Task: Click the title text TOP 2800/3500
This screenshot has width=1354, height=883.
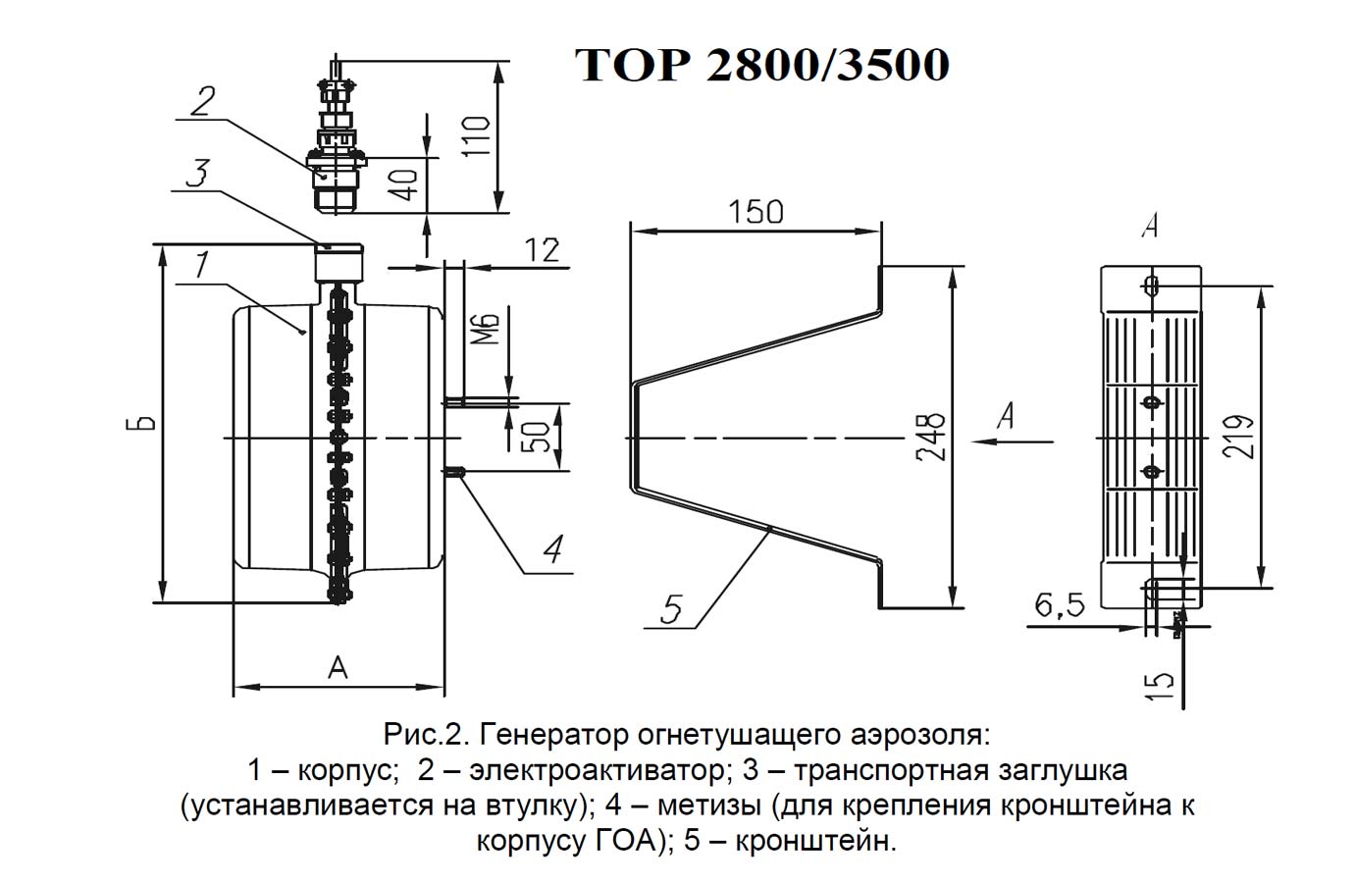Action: coord(761,65)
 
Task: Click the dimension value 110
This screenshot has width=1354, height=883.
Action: coord(477,139)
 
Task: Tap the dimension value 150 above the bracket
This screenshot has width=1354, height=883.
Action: coord(755,211)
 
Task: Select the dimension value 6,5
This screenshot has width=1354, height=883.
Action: coord(1060,606)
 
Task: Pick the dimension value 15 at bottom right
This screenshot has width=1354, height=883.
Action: coord(1161,684)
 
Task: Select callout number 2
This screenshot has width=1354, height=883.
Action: coord(203,102)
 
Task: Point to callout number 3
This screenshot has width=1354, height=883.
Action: coord(197,174)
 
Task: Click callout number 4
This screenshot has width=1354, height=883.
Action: coord(552,549)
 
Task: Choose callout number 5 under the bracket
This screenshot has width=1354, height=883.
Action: coord(671,609)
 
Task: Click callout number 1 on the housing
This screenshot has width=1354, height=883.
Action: coord(200,265)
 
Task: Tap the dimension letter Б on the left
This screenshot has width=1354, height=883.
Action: coord(145,424)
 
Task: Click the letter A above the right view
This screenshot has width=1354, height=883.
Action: coord(1150,227)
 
